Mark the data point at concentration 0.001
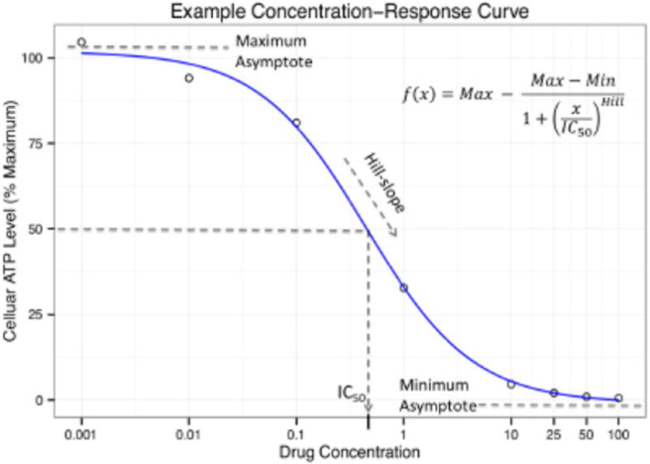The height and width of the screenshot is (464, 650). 81,42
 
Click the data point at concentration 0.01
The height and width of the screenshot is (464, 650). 188,78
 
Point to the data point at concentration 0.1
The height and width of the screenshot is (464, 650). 297,123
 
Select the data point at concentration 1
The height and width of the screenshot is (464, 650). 403,288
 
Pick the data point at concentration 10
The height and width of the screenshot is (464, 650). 511,384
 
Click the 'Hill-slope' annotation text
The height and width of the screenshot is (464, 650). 383,183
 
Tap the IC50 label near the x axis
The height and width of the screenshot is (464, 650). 350,393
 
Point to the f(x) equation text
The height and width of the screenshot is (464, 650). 506,104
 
